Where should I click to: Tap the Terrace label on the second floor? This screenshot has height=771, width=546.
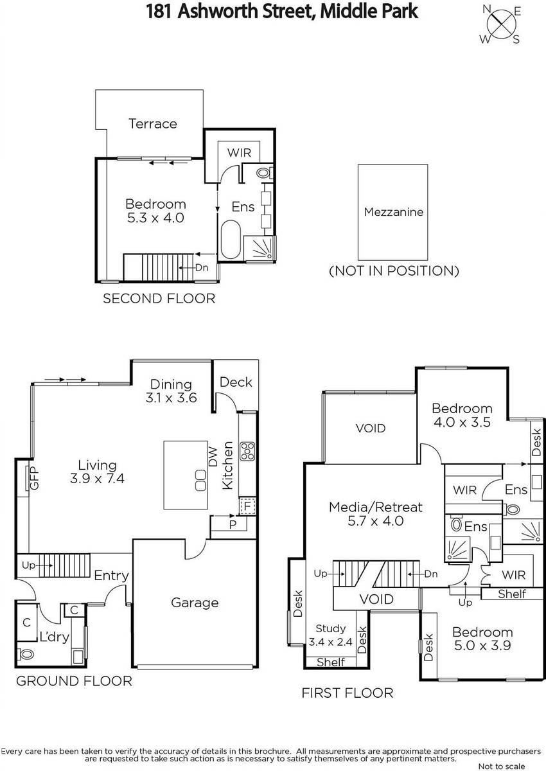[153, 123]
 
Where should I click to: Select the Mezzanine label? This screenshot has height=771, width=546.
[394, 211]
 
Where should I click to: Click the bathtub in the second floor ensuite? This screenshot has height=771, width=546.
[230, 240]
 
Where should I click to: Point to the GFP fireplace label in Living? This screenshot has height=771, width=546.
[35, 478]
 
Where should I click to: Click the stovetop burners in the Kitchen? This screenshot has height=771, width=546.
[248, 451]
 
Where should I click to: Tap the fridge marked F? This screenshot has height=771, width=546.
[247, 506]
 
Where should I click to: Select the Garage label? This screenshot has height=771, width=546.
[195, 603]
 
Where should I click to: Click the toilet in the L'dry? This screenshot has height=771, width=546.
[26, 653]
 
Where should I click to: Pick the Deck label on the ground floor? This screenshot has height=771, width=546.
[236, 382]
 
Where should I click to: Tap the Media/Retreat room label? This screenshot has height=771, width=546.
[375, 507]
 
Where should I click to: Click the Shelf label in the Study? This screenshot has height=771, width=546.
[331, 662]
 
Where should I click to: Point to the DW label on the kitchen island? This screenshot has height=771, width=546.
[213, 456]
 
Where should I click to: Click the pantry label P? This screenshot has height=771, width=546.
[233, 524]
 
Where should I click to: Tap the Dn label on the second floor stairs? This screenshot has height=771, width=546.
[202, 267]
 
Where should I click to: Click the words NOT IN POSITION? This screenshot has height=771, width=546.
[394, 271]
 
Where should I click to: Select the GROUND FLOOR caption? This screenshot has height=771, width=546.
[74, 681]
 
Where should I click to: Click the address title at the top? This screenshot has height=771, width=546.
[282, 12]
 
